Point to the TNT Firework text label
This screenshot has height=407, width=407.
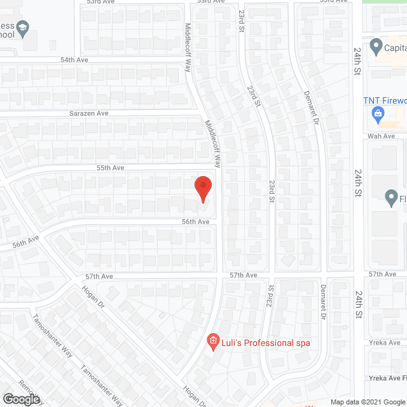[x=384, y=100]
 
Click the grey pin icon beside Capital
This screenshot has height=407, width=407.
[x=375, y=46]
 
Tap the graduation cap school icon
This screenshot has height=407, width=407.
[x=23, y=27]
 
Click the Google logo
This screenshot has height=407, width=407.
[x=20, y=399]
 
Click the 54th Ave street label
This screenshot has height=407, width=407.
[x=74, y=59]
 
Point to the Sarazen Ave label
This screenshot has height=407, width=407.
[x=89, y=113]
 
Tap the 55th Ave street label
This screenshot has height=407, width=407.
[x=109, y=168]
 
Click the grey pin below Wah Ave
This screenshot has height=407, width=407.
[x=392, y=199]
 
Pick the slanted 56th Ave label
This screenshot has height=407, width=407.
[x=25, y=242]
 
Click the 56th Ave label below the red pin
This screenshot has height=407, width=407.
[x=195, y=222]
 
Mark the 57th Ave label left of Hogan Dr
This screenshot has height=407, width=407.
[x=99, y=277]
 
